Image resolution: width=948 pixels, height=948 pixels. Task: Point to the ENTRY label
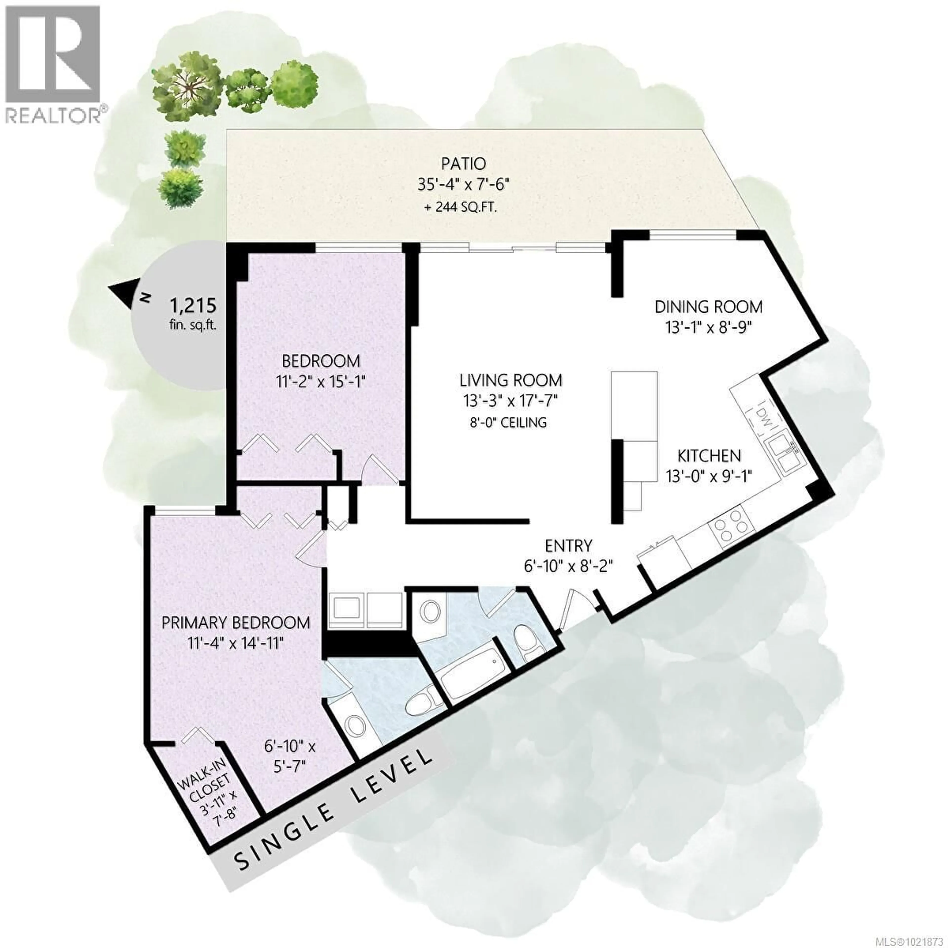pos(569,545)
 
